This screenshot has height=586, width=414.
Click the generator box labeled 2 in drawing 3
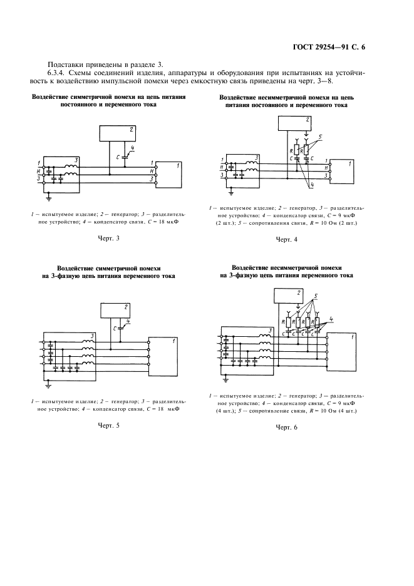click(x=118, y=133)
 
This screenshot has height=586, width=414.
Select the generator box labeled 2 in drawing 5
click(x=118, y=310)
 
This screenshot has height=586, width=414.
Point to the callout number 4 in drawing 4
click(x=311, y=186)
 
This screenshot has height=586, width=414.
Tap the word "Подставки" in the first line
click(x=65, y=64)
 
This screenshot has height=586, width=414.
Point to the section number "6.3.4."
click(x=60, y=73)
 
